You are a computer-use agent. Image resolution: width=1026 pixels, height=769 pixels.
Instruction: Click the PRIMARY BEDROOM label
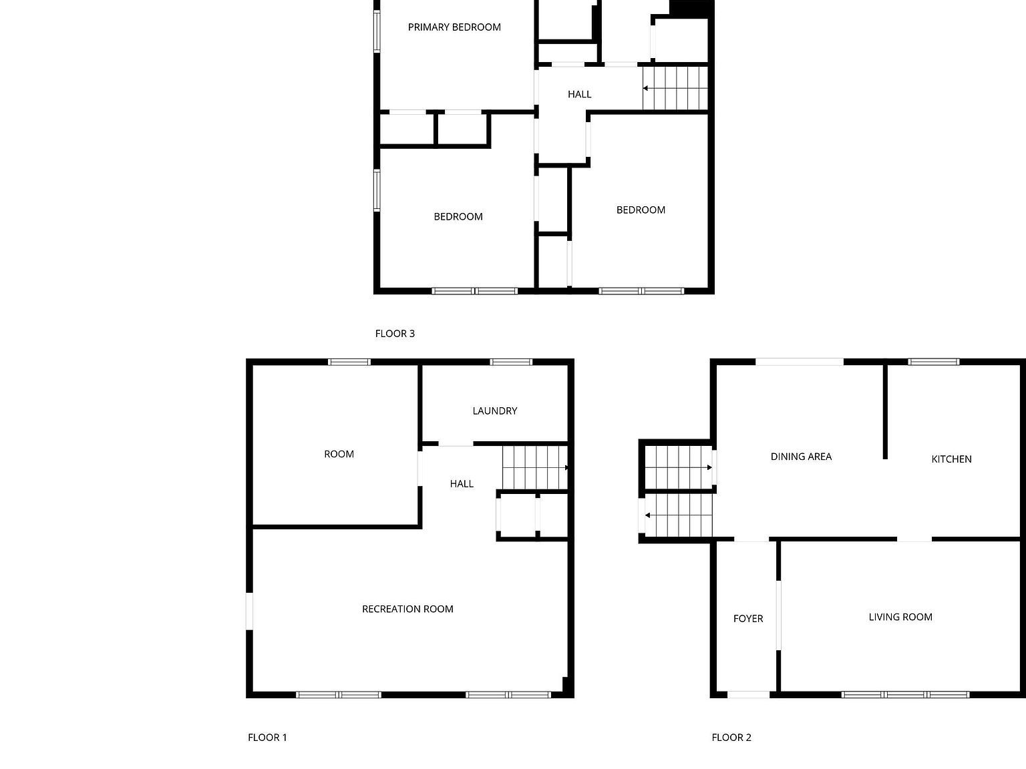[x=454, y=27]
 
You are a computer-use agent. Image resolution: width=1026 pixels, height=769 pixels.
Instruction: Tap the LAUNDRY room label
[x=494, y=411]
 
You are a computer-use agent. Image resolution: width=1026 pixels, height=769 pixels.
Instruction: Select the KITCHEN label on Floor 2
[x=951, y=459]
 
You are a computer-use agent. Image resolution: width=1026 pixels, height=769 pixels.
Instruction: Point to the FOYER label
[x=747, y=619]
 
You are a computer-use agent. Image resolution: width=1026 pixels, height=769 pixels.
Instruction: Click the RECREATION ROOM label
[x=407, y=609]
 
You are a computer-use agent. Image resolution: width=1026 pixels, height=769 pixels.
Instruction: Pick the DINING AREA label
[x=801, y=457]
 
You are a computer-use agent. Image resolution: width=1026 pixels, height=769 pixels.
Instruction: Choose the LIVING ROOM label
[x=900, y=617]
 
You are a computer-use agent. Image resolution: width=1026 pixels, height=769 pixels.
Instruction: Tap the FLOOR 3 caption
[x=395, y=334]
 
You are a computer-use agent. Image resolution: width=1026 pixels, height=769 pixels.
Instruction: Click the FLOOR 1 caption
[x=267, y=738]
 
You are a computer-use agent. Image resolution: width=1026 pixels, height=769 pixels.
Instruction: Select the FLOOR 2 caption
[x=731, y=738]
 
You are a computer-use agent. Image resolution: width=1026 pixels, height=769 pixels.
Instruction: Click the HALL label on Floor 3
[x=579, y=94]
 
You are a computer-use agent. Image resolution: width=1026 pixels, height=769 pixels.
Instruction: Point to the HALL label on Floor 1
[x=462, y=484]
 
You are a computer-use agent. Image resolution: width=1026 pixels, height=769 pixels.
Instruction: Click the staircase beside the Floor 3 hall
[x=674, y=87]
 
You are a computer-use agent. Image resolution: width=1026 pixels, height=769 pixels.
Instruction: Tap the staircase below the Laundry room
[x=534, y=467]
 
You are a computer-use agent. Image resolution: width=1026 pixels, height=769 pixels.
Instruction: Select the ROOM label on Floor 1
[x=339, y=454]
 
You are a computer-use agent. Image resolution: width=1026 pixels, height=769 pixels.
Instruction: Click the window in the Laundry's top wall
[x=511, y=362]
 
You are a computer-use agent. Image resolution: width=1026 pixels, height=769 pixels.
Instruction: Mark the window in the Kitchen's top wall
[x=933, y=362]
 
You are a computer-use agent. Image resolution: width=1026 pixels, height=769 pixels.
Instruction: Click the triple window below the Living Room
[x=905, y=695]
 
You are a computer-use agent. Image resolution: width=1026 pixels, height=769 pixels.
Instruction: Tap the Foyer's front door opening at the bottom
[x=748, y=695]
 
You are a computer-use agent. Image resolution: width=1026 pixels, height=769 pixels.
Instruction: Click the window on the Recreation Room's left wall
[x=249, y=611]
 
